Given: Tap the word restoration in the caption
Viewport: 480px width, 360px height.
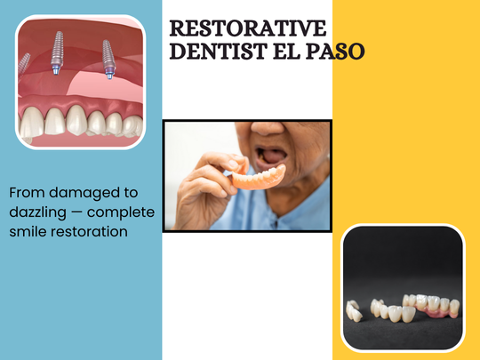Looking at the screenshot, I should point(92,232).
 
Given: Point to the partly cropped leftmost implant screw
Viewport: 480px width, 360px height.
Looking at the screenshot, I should point(25,62).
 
